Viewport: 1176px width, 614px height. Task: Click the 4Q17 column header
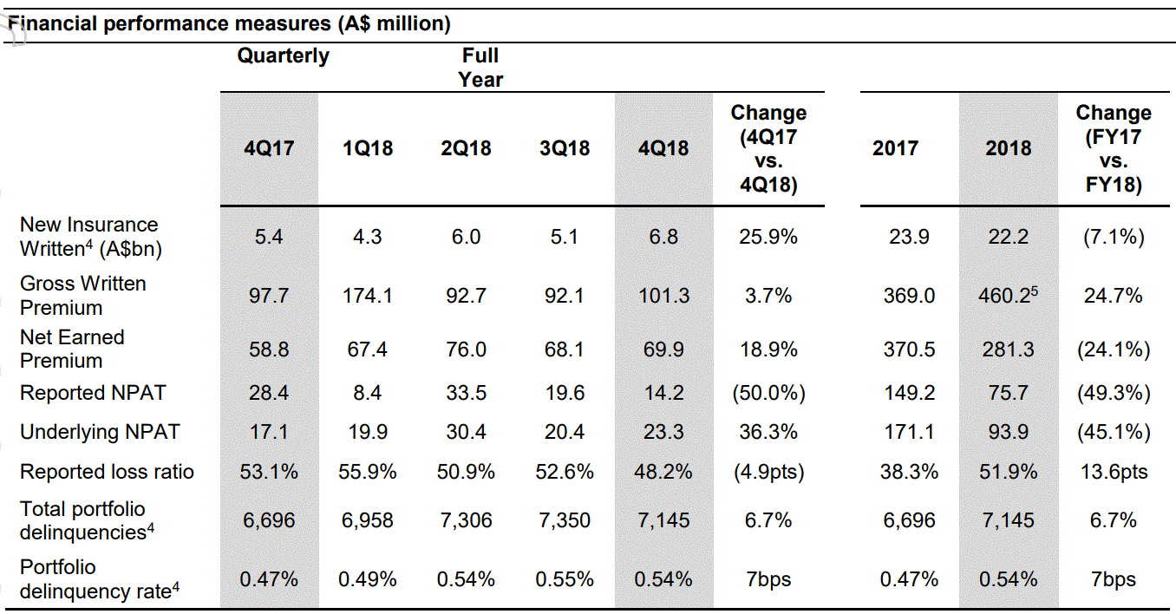pos(269,148)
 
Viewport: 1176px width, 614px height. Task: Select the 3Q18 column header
pos(565,148)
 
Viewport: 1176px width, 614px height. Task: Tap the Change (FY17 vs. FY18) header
pos(1114,148)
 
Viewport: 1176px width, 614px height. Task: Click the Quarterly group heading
pos(283,56)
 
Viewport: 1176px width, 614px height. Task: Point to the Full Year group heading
pos(480,68)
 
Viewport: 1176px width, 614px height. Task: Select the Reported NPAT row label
pos(93,393)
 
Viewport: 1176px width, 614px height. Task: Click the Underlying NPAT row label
pos(100,432)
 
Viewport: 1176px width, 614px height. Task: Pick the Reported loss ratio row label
pos(107,472)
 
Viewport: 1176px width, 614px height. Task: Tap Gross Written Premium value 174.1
pos(368,296)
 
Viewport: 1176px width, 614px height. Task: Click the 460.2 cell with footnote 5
pos(1008,295)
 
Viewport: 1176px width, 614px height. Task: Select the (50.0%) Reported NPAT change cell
pos(768,393)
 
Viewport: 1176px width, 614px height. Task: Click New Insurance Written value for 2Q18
pos(467,238)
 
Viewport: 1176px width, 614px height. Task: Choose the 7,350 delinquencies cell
pos(565,520)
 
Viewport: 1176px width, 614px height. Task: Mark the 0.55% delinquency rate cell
pos(565,579)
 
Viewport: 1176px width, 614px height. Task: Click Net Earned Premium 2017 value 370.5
pos(909,349)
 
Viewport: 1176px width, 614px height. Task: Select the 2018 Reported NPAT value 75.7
pos(1008,393)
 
